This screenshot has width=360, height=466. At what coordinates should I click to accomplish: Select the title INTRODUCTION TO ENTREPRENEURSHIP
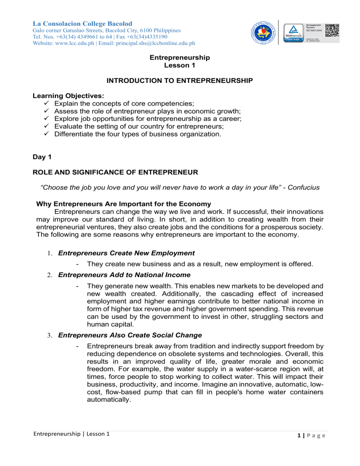tap(180, 81)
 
